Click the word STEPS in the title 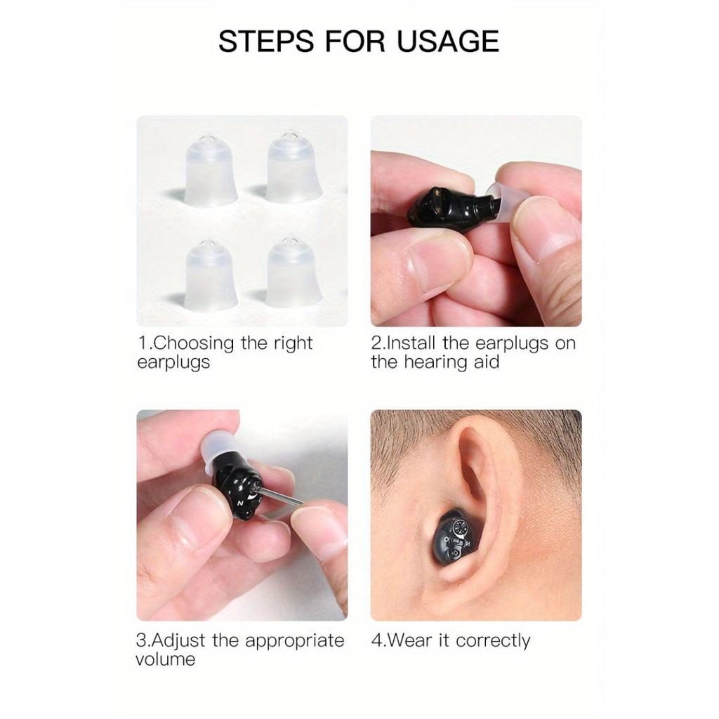pos(266,41)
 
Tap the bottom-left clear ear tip pos(211,275)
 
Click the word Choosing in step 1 pos(194,343)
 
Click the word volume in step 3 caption pos(166,660)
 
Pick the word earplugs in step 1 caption pos(173,363)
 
